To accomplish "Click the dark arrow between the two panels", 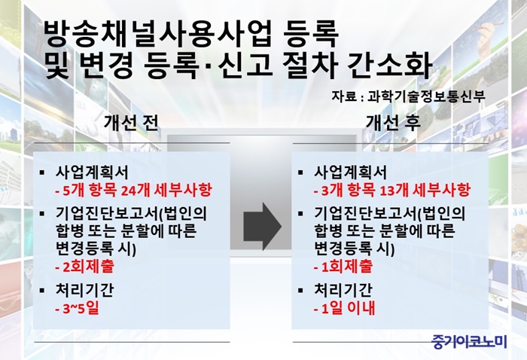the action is pyautogui.click(x=262, y=227).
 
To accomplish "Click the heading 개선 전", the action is pyautogui.click(x=131, y=122).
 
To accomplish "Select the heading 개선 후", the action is pyautogui.click(x=393, y=122).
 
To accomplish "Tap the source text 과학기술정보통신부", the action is pyautogui.click(x=426, y=96).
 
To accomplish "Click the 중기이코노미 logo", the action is pyautogui.click(x=469, y=341).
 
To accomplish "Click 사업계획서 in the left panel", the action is pyautogui.click(x=92, y=172).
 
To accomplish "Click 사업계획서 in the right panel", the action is pyautogui.click(x=351, y=172).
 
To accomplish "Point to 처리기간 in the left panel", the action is pyautogui.click(x=84, y=290).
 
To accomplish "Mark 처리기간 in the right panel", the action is pyautogui.click(x=343, y=290).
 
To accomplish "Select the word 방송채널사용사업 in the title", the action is pyautogui.click(x=157, y=34).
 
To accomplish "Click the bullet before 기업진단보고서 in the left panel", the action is pyautogui.click(x=42, y=214).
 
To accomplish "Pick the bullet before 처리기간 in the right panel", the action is pyautogui.click(x=300, y=290).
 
